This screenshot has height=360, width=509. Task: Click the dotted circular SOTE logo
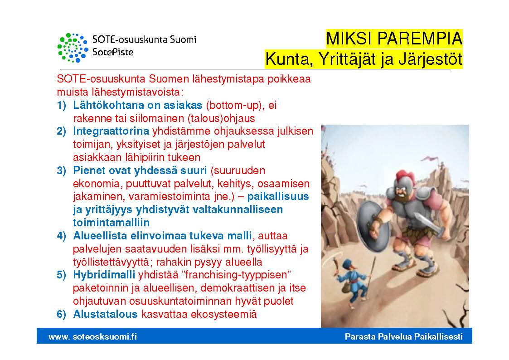[x=73, y=48]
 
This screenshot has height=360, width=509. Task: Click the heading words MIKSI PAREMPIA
[x=394, y=39]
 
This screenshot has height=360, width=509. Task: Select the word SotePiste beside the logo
[x=113, y=52]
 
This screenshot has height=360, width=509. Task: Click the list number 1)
[x=62, y=105]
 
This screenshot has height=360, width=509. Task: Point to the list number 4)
[x=62, y=236]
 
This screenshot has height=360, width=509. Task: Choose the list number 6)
[x=62, y=314]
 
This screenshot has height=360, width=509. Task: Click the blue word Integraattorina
[x=111, y=131]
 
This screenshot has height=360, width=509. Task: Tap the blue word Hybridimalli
[x=104, y=275]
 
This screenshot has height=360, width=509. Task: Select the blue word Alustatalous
[x=105, y=314]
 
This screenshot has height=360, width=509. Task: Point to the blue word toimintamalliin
[x=111, y=223]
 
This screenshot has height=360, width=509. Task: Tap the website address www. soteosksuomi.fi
[x=93, y=336]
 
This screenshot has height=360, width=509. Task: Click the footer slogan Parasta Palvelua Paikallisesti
[x=404, y=336]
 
